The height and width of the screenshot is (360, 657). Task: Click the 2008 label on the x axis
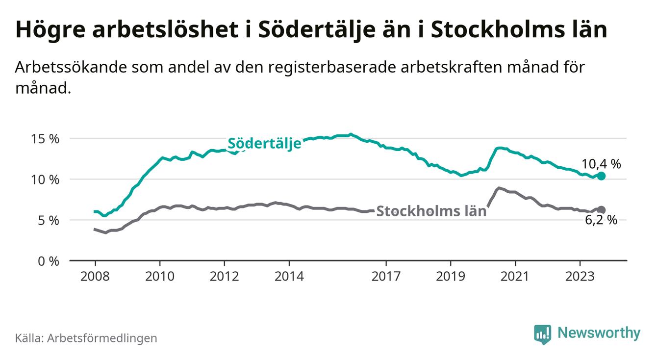coord(95,276)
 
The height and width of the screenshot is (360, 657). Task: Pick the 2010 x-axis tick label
coord(160,276)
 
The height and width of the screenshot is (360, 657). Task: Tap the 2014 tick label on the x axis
coord(289,276)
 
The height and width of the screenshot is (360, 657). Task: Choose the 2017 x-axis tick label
coord(386,276)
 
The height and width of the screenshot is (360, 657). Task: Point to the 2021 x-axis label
coord(515,276)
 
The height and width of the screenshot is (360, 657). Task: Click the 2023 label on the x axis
coord(580,276)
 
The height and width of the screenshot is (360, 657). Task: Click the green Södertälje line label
coord(264,144)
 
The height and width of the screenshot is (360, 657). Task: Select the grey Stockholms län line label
coord(431,211)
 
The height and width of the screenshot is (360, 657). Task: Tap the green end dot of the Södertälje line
coord(602,176)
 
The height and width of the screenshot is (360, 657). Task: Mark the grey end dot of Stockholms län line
coord(602,210)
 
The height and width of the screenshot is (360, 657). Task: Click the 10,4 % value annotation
coord(601,164)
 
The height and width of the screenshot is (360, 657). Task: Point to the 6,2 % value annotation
coord(601,220)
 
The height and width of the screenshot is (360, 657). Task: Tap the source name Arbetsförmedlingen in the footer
coord(102,338)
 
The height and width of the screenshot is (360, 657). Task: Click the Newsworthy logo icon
coord(542,334)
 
